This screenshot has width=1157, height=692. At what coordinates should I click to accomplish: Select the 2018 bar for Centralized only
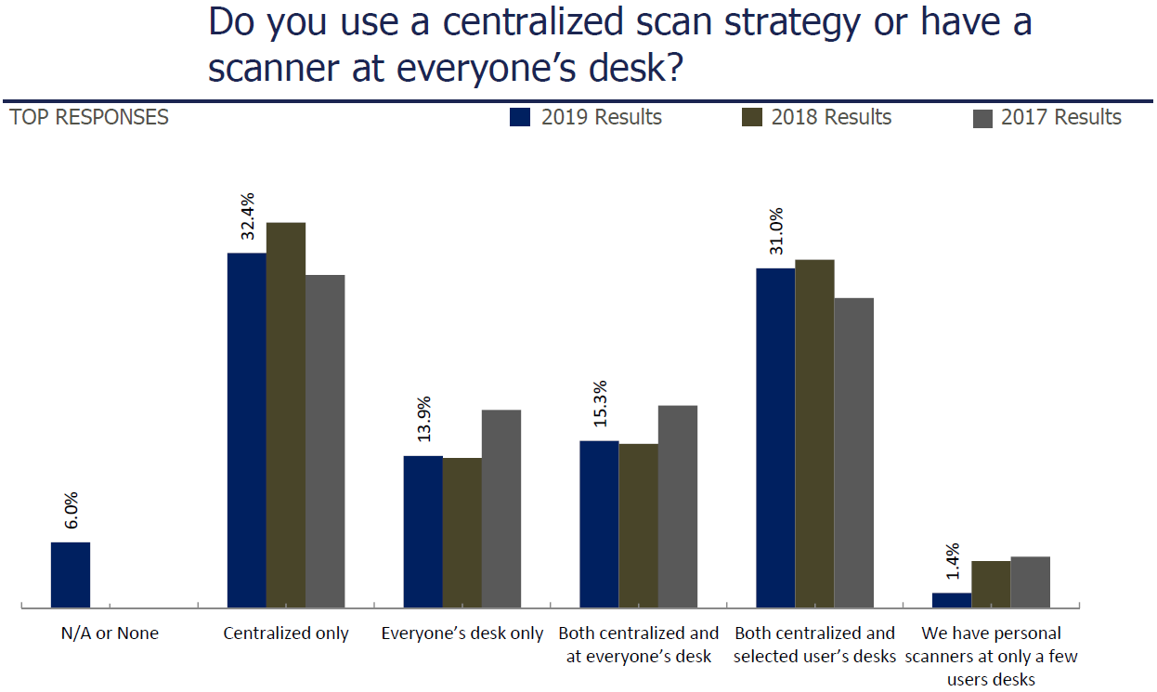(x=286, y=415)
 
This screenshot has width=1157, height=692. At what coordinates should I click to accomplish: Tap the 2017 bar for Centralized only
(x=325, y=441)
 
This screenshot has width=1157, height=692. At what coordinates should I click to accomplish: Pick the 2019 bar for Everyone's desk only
(x=423, y=531)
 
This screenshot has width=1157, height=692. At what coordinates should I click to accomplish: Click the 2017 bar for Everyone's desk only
(x=501, y=509)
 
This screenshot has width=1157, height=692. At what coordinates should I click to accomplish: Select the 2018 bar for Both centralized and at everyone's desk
(x=639, y=526)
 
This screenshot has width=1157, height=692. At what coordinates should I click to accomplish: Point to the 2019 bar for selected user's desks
(x=775, y=437)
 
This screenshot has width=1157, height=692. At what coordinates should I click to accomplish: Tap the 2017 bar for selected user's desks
(x=854, y=452)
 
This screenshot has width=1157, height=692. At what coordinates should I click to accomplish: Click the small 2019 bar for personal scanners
(x=952, y=600)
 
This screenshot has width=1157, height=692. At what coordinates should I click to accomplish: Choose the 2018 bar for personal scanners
(x=991, y=584)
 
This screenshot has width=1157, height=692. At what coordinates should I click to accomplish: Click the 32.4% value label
(x=247, y=216)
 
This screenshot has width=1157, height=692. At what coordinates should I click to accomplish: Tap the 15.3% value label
(x=599, y=404)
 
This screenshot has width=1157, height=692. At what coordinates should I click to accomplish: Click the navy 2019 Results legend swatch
(x=520, y=117)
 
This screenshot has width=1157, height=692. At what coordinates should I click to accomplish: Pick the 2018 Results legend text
(x=831, y=117)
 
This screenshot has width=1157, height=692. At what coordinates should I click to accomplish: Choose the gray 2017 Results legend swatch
(x=982, y=118)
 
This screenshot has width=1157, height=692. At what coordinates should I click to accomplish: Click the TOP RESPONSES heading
(x=89, y=117)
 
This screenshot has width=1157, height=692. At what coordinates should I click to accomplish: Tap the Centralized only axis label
(x=286, y=633)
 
